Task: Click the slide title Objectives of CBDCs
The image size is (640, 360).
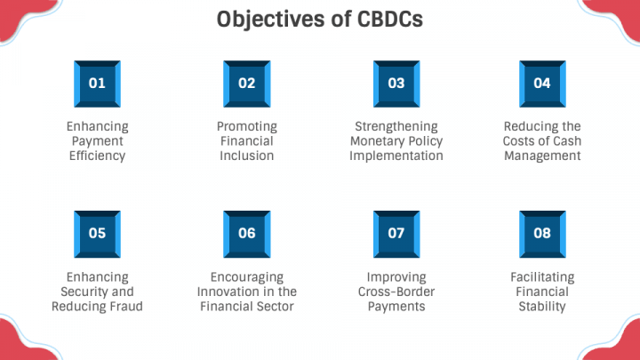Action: (x=320, y=20)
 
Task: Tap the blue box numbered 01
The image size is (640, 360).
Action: (x=97, y=84)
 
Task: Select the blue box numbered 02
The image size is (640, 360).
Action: (x=246, y=84)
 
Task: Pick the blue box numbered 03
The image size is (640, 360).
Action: (x=396, y=84)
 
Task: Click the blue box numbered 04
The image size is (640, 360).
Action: (x=541, y=84)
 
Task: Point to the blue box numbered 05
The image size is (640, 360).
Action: (x=97, y=234)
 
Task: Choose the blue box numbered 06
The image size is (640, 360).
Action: (x=246, y=234)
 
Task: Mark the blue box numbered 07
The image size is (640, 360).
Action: (x=396, y=234)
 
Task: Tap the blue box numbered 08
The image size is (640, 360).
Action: (x=541, y=234)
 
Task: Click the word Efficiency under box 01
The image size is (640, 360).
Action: (x=97, y=156)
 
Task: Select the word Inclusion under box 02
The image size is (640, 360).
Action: (x=246, y=156)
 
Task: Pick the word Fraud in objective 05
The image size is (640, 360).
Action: (x=124, y=307)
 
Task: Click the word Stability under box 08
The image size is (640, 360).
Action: (x=541, y=307)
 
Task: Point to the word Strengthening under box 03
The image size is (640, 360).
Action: (x=396, y=126)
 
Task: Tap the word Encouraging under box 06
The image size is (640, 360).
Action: (x=246, y=276)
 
